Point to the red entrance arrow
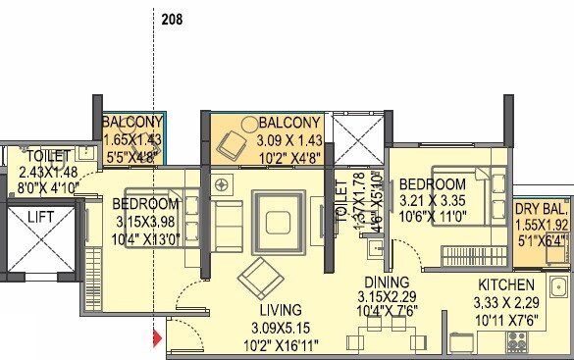pos(155,340)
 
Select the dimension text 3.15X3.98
pos(145,221)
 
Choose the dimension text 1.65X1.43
pos(131,139)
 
